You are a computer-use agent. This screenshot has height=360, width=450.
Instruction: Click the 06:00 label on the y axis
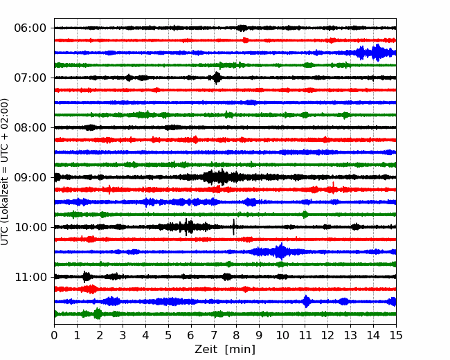click(x=30, y=28)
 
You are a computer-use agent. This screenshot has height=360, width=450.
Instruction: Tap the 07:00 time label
click(x=30, y=78)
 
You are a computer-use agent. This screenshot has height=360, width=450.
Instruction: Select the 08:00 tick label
click(x=30, y=127)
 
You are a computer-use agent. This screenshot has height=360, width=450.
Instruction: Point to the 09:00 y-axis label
click(x=30, y=177)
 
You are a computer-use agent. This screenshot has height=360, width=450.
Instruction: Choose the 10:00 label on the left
click(x=30, y=227)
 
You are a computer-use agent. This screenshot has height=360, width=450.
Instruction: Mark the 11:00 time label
click(x=30, y=277)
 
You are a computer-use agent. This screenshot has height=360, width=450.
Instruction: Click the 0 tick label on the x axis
click(x=54, y=335)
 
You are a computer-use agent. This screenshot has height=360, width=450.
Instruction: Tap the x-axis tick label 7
click(x=214, y=335)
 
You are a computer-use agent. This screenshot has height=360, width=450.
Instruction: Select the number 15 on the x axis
click(x=396, y=335)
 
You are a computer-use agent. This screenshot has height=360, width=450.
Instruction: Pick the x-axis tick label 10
click(x=282, y=335)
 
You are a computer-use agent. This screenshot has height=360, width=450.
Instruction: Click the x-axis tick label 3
click(x=123, y=335)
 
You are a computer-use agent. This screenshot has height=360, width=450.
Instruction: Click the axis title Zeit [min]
click(x=225, y=350)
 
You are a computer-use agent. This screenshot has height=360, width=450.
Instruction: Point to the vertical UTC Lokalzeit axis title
click(x=5, y=172)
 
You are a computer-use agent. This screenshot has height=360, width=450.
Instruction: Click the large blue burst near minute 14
click(x=377, y=53)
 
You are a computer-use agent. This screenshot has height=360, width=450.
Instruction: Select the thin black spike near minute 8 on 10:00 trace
click(x=233, y=227)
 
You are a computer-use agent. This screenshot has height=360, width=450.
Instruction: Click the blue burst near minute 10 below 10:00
click(x=280, y=251)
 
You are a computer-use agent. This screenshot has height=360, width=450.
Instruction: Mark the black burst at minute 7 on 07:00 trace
click(x=217, y=78)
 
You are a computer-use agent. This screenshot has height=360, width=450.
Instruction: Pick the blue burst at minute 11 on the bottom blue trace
click(x=307, y=301)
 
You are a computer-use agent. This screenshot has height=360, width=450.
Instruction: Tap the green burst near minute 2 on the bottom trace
click(x=98, y=314)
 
